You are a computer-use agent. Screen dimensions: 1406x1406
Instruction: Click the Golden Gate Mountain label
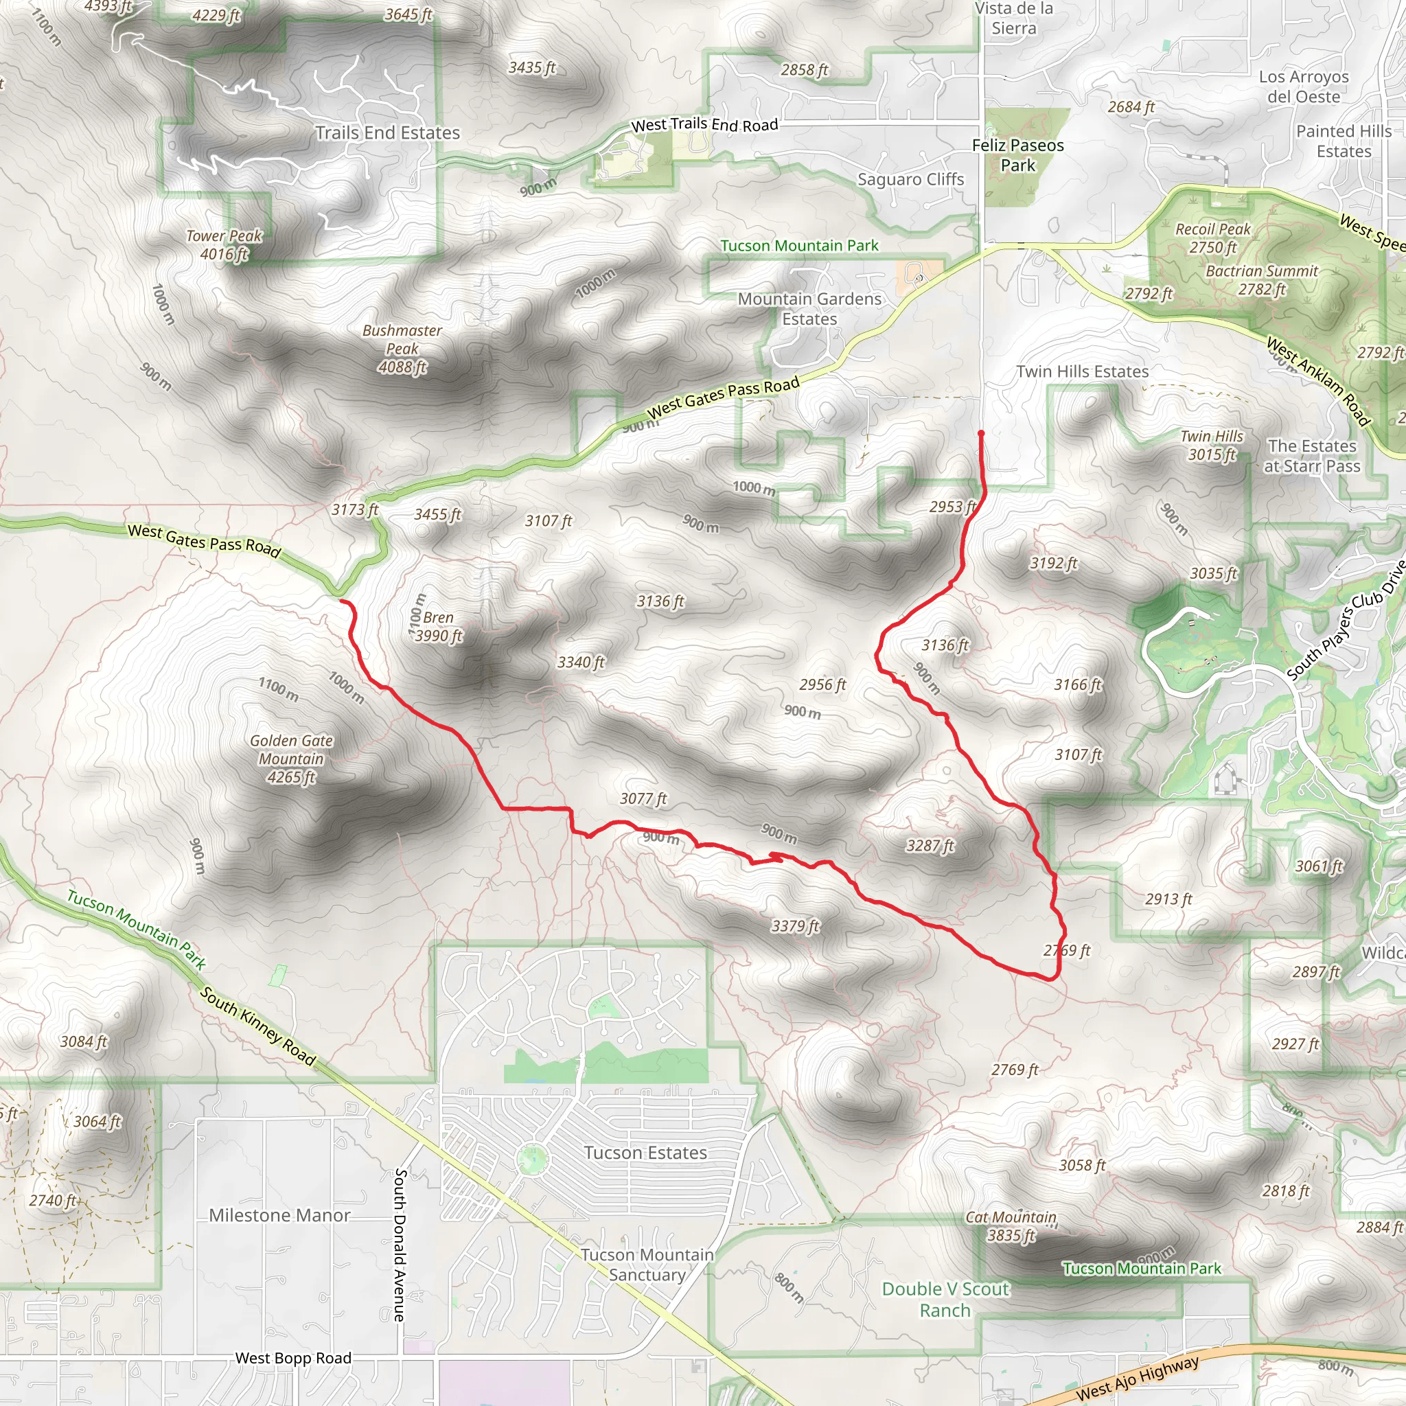pyautogui.click(x=291, y=759)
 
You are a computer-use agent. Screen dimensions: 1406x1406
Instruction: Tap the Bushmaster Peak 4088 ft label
pyautogui.click(x=402, y=349)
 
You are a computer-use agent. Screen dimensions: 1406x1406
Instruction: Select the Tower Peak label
pyautogui.click(x=223, y=244)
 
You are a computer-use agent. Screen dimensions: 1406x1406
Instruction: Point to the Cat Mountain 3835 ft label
pyautogui.click(x=1011, y=1226)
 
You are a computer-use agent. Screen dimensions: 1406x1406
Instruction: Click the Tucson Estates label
pyautogui.click(x=645, y=1153)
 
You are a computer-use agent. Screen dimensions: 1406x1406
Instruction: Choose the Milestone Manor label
pyautogui.click(x=279, y=1215)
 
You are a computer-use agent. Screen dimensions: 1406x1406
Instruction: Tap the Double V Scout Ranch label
pyautogui.click(x=945, y=1300)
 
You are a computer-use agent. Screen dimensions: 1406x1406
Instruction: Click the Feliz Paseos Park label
pyautogui.click(x=1017, y=155)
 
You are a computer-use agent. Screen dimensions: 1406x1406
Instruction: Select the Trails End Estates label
pyautogui.click(x=387, y=133)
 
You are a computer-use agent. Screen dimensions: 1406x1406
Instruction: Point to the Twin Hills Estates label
pyautogui.click(x=1082, y=372)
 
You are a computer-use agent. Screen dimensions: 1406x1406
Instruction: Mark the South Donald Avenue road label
pyautogui.click(x=400, y=1245)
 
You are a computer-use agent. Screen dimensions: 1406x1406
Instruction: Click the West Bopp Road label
pyautogui.click(x=292, y=1358)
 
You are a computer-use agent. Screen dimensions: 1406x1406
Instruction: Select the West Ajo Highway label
pyautogui.click(x=1137, y=1377)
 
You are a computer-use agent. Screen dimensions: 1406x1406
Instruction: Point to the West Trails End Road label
pyautogui.click(x=704, y=125)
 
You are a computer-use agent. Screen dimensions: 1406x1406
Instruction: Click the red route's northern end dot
pyautogui.click(x=981, y=434)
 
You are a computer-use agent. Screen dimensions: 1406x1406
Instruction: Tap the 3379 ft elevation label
pyautogui.click(x=795, y=925)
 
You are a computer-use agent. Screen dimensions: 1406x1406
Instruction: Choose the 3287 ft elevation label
pyautogui.click(x=930, y=846)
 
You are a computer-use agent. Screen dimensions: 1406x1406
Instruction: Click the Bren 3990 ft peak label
pyautogui.click(x=438, y=627)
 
